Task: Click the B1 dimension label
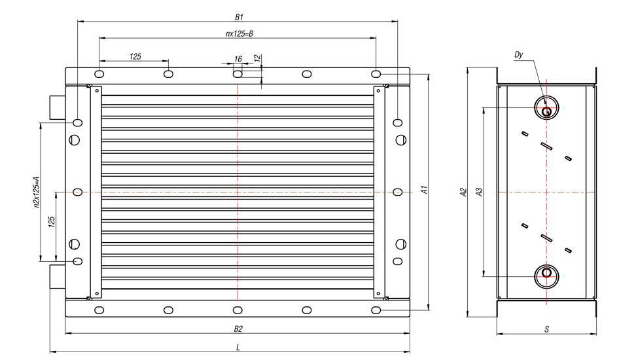click(239, 17)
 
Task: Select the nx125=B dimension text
click(239, 33)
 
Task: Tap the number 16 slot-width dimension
click(238, 59)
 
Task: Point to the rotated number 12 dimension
click(256, 58)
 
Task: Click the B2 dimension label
click(238, 329)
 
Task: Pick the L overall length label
click(238, 348)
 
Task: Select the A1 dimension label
click(424, 190)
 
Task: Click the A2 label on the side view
click(463, 192)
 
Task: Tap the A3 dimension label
click(479, 192)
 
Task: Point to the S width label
click(547, 329)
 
